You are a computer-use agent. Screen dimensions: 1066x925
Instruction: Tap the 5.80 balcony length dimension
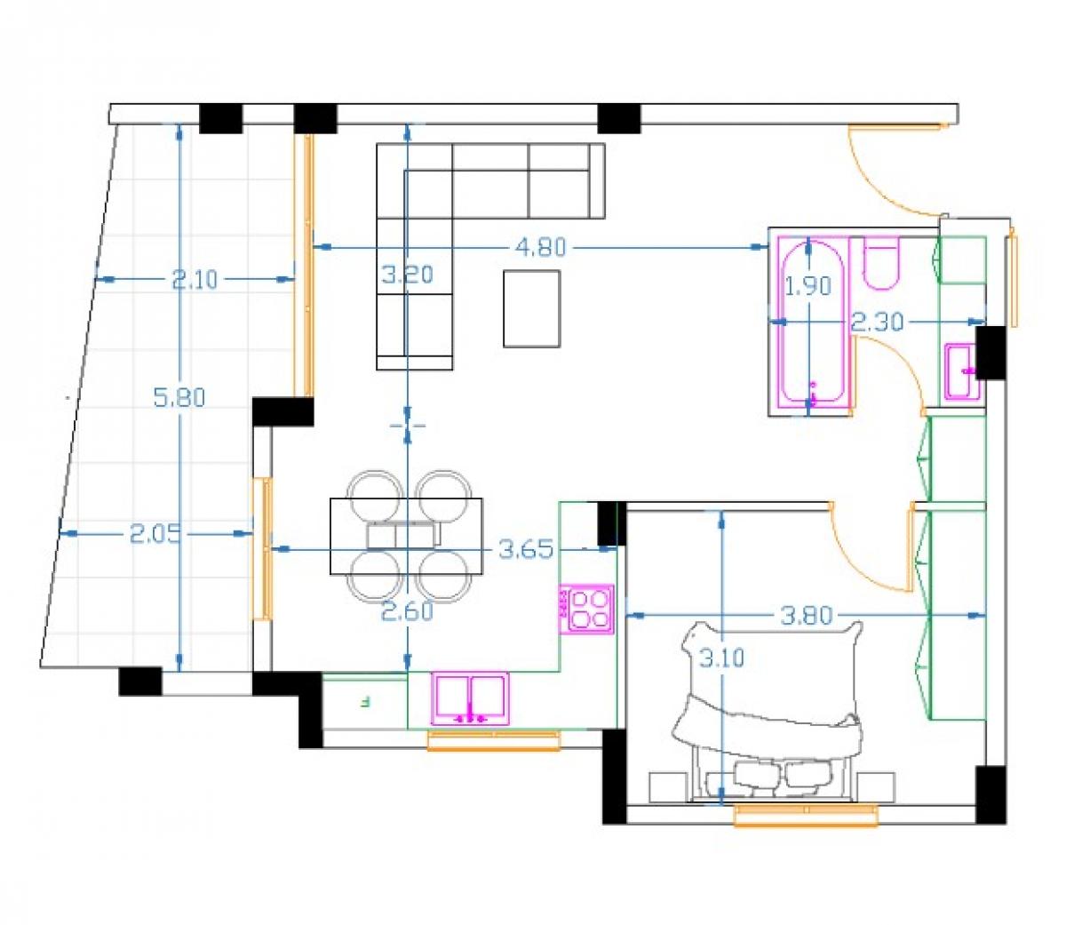(179, 397)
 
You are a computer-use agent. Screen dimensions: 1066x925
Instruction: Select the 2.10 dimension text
(194, 280)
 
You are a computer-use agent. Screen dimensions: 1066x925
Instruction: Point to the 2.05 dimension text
(155, 533)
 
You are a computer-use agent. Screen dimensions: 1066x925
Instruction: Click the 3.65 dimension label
(526, 549)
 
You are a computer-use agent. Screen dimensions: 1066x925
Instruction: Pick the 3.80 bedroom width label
(806, 616)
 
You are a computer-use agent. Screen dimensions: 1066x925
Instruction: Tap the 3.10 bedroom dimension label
(721, 658)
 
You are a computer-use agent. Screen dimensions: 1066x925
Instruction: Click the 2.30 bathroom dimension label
(878, 322)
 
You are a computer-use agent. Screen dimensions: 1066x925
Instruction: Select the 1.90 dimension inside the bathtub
(807, 285)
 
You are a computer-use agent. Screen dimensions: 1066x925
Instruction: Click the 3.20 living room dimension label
(408, 275)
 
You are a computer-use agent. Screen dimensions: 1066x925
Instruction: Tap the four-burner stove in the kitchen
(585, 610)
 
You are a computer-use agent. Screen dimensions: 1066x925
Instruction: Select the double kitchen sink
(470, 699)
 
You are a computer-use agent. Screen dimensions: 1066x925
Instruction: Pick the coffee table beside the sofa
(531, 308)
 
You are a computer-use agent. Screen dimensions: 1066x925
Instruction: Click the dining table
(406, 536)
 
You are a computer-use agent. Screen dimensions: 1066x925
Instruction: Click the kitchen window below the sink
(493, 740)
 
